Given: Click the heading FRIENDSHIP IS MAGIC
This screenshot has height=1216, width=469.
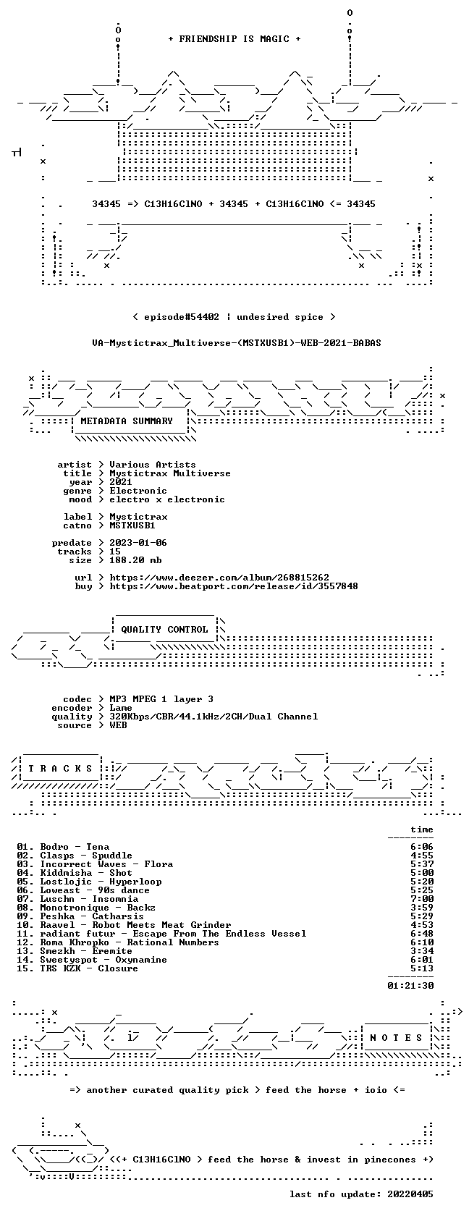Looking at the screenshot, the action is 234,39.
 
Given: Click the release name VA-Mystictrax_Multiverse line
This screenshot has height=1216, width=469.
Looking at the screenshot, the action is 237,343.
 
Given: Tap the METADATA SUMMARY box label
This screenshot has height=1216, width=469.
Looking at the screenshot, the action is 127,421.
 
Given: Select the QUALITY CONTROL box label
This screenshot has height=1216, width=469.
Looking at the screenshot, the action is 164,630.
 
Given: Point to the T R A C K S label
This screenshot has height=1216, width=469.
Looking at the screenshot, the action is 60,769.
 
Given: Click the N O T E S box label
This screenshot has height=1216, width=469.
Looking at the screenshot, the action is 396,1038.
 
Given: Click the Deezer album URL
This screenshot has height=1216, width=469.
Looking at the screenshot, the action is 219,578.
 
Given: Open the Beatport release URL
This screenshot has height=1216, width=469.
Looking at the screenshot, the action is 234,586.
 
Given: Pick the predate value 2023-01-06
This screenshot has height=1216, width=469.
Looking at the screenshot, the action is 138,543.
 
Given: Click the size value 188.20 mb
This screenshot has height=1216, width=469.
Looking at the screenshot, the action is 136,560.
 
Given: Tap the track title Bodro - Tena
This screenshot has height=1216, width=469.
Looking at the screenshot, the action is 75,847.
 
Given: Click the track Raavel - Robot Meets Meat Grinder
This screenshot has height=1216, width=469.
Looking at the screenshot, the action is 136,925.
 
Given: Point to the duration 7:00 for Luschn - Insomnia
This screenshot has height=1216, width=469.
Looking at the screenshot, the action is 422,899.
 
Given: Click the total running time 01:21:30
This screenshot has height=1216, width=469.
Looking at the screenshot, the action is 410,986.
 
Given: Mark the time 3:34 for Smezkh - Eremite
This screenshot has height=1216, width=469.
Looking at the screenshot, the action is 422,951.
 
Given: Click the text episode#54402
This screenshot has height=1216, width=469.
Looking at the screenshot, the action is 182,317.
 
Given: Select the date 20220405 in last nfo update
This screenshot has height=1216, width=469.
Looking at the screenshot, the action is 410,1194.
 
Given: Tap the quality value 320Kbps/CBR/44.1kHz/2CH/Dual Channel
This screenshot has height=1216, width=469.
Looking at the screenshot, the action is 214,717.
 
